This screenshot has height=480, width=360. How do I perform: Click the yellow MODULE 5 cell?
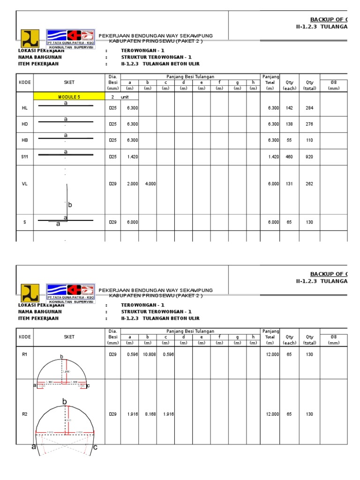(x=69, y=97)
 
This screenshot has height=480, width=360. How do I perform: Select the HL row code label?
(x=24, y=108)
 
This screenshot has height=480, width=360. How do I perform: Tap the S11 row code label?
(x=24, y=157)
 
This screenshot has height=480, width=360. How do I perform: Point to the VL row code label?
(x=24, y=184)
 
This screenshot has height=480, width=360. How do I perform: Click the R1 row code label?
(x=24, y=355)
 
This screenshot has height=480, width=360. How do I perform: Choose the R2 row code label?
(x=24, y=414)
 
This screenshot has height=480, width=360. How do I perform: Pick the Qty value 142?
(x=289, y=108)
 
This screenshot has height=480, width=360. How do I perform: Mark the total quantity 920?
(x=309, y=157)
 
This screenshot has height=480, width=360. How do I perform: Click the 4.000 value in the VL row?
(x=150, y=184)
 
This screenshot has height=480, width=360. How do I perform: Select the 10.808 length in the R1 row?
(x=149, y=355)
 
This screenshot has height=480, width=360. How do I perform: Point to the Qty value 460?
(x=289, y=157)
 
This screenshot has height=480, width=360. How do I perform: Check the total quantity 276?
(x=309, y=124)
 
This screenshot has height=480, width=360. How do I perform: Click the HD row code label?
(x=24, y=124)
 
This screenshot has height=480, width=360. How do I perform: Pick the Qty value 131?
(x=289, y=184)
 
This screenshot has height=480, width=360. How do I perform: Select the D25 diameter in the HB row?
(x=112, y=140)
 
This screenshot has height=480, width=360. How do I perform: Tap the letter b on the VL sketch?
(x=70, y=205)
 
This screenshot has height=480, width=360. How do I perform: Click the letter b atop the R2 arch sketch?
(x=64, y=401)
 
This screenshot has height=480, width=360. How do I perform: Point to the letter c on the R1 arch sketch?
(x=88, y=385)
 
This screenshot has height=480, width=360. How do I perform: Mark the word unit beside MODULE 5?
(x=125, y=97)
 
